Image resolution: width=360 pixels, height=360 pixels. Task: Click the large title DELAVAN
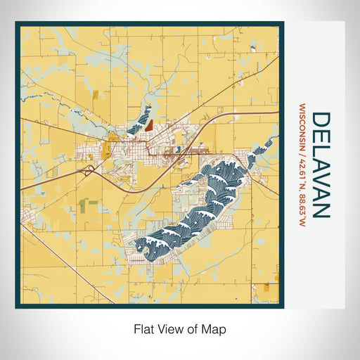coord(319,165)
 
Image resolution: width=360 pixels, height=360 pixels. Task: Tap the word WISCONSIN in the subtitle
coord(302,127)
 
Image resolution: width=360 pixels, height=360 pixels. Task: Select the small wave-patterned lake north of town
coord(141,118)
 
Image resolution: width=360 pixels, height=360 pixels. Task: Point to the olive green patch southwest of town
coord(87,205)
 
